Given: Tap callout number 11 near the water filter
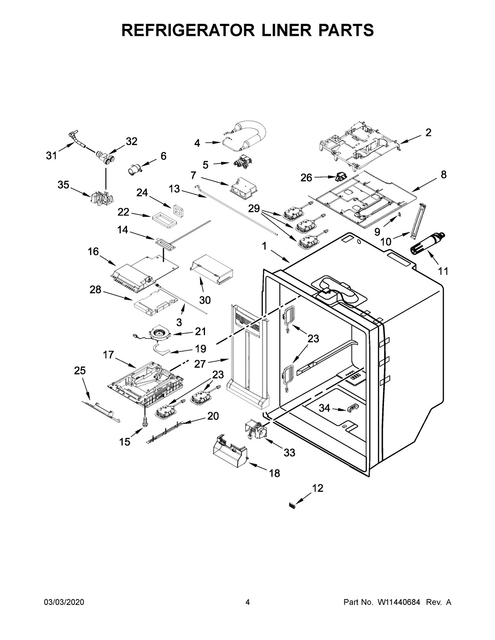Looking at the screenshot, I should (443, 271).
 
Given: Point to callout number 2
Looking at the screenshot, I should (428, 132).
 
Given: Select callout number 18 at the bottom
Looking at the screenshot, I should (274, 473).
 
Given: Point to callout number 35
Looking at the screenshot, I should (63, 185).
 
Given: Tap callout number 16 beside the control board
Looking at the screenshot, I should (93, 251).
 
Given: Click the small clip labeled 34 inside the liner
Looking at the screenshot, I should (351, 408).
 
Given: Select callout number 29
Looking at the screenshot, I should (254, 209).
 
